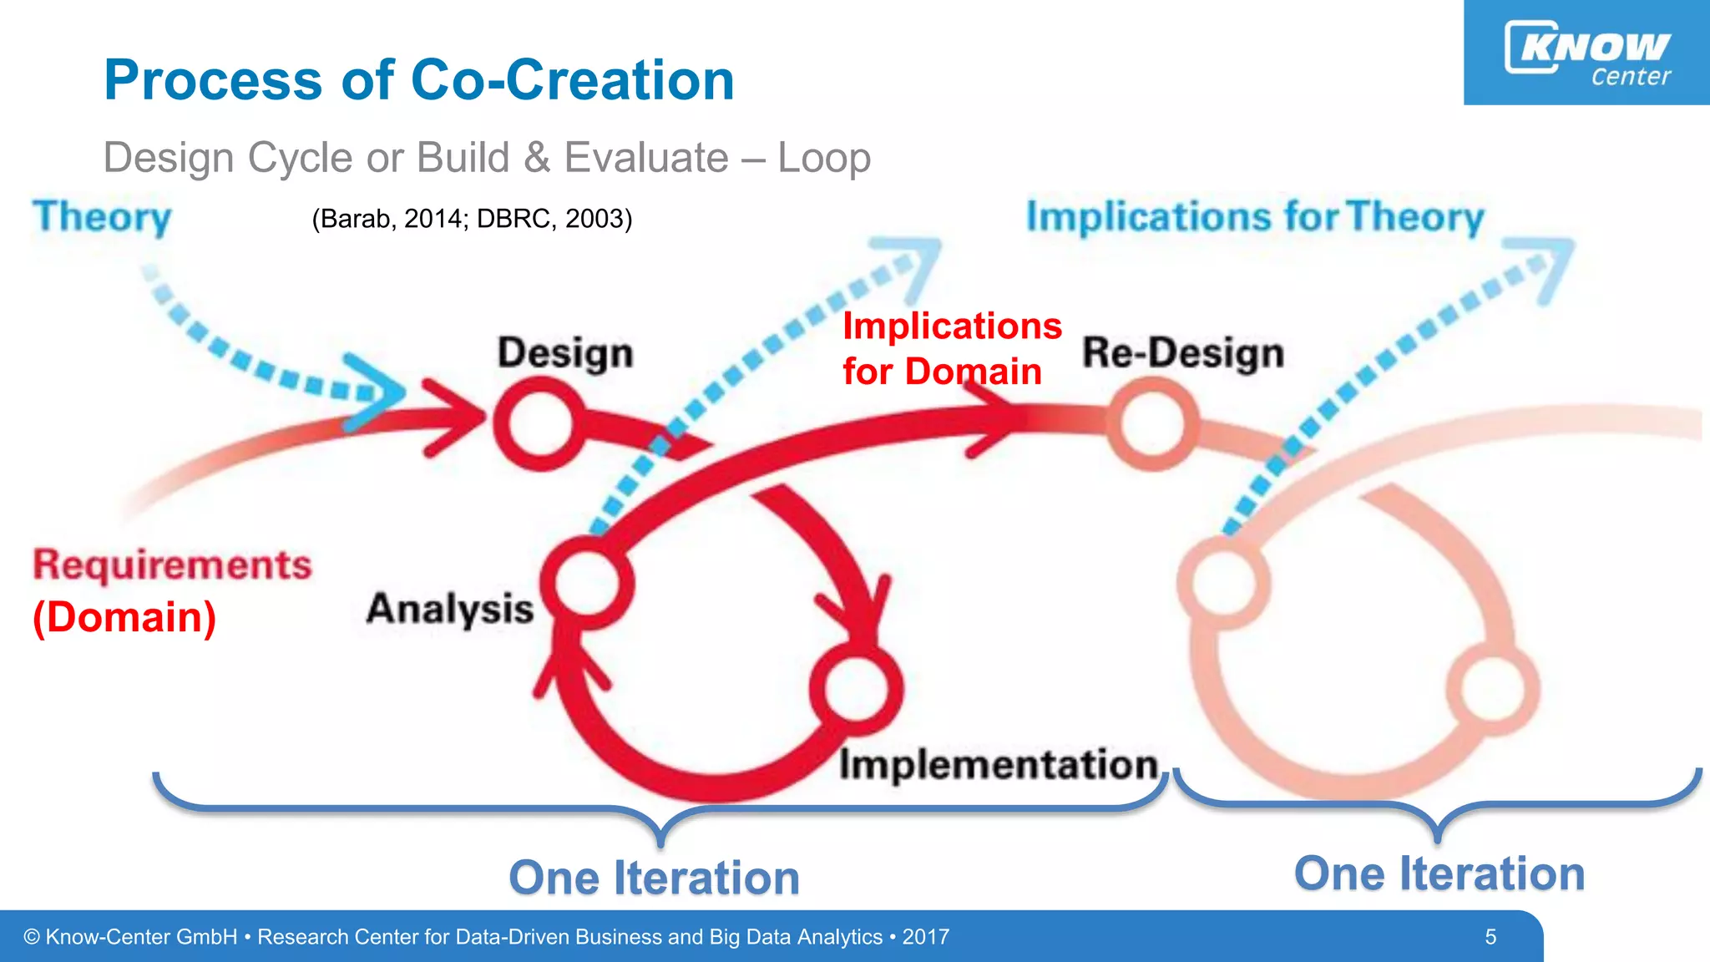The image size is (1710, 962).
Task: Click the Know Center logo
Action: click(1586, 53)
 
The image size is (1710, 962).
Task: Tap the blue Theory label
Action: click(102, 217)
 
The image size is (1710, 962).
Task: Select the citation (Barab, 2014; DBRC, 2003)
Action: click(472, 219)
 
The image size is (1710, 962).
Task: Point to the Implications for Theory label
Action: click(1255, 217)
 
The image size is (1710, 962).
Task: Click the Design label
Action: click(565, 352)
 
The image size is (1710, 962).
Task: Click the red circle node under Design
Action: click(539, 424)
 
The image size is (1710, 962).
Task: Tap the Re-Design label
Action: click(1183, 352)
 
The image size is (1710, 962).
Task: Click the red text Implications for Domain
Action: click(950, 349)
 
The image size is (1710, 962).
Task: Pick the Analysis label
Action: click(450, 609)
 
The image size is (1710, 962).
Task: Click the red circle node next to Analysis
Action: click(588, 583)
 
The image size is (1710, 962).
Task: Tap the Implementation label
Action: click(999, 765)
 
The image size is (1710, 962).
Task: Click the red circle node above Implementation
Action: click(857, 690)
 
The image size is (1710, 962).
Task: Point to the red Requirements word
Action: click(172, 565)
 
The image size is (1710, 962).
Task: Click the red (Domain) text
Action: click(124, 617)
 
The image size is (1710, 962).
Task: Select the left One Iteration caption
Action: click(654, 878)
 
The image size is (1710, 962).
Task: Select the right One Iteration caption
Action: click(1439, 874)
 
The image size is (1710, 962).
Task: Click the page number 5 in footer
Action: click(1490, 937)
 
